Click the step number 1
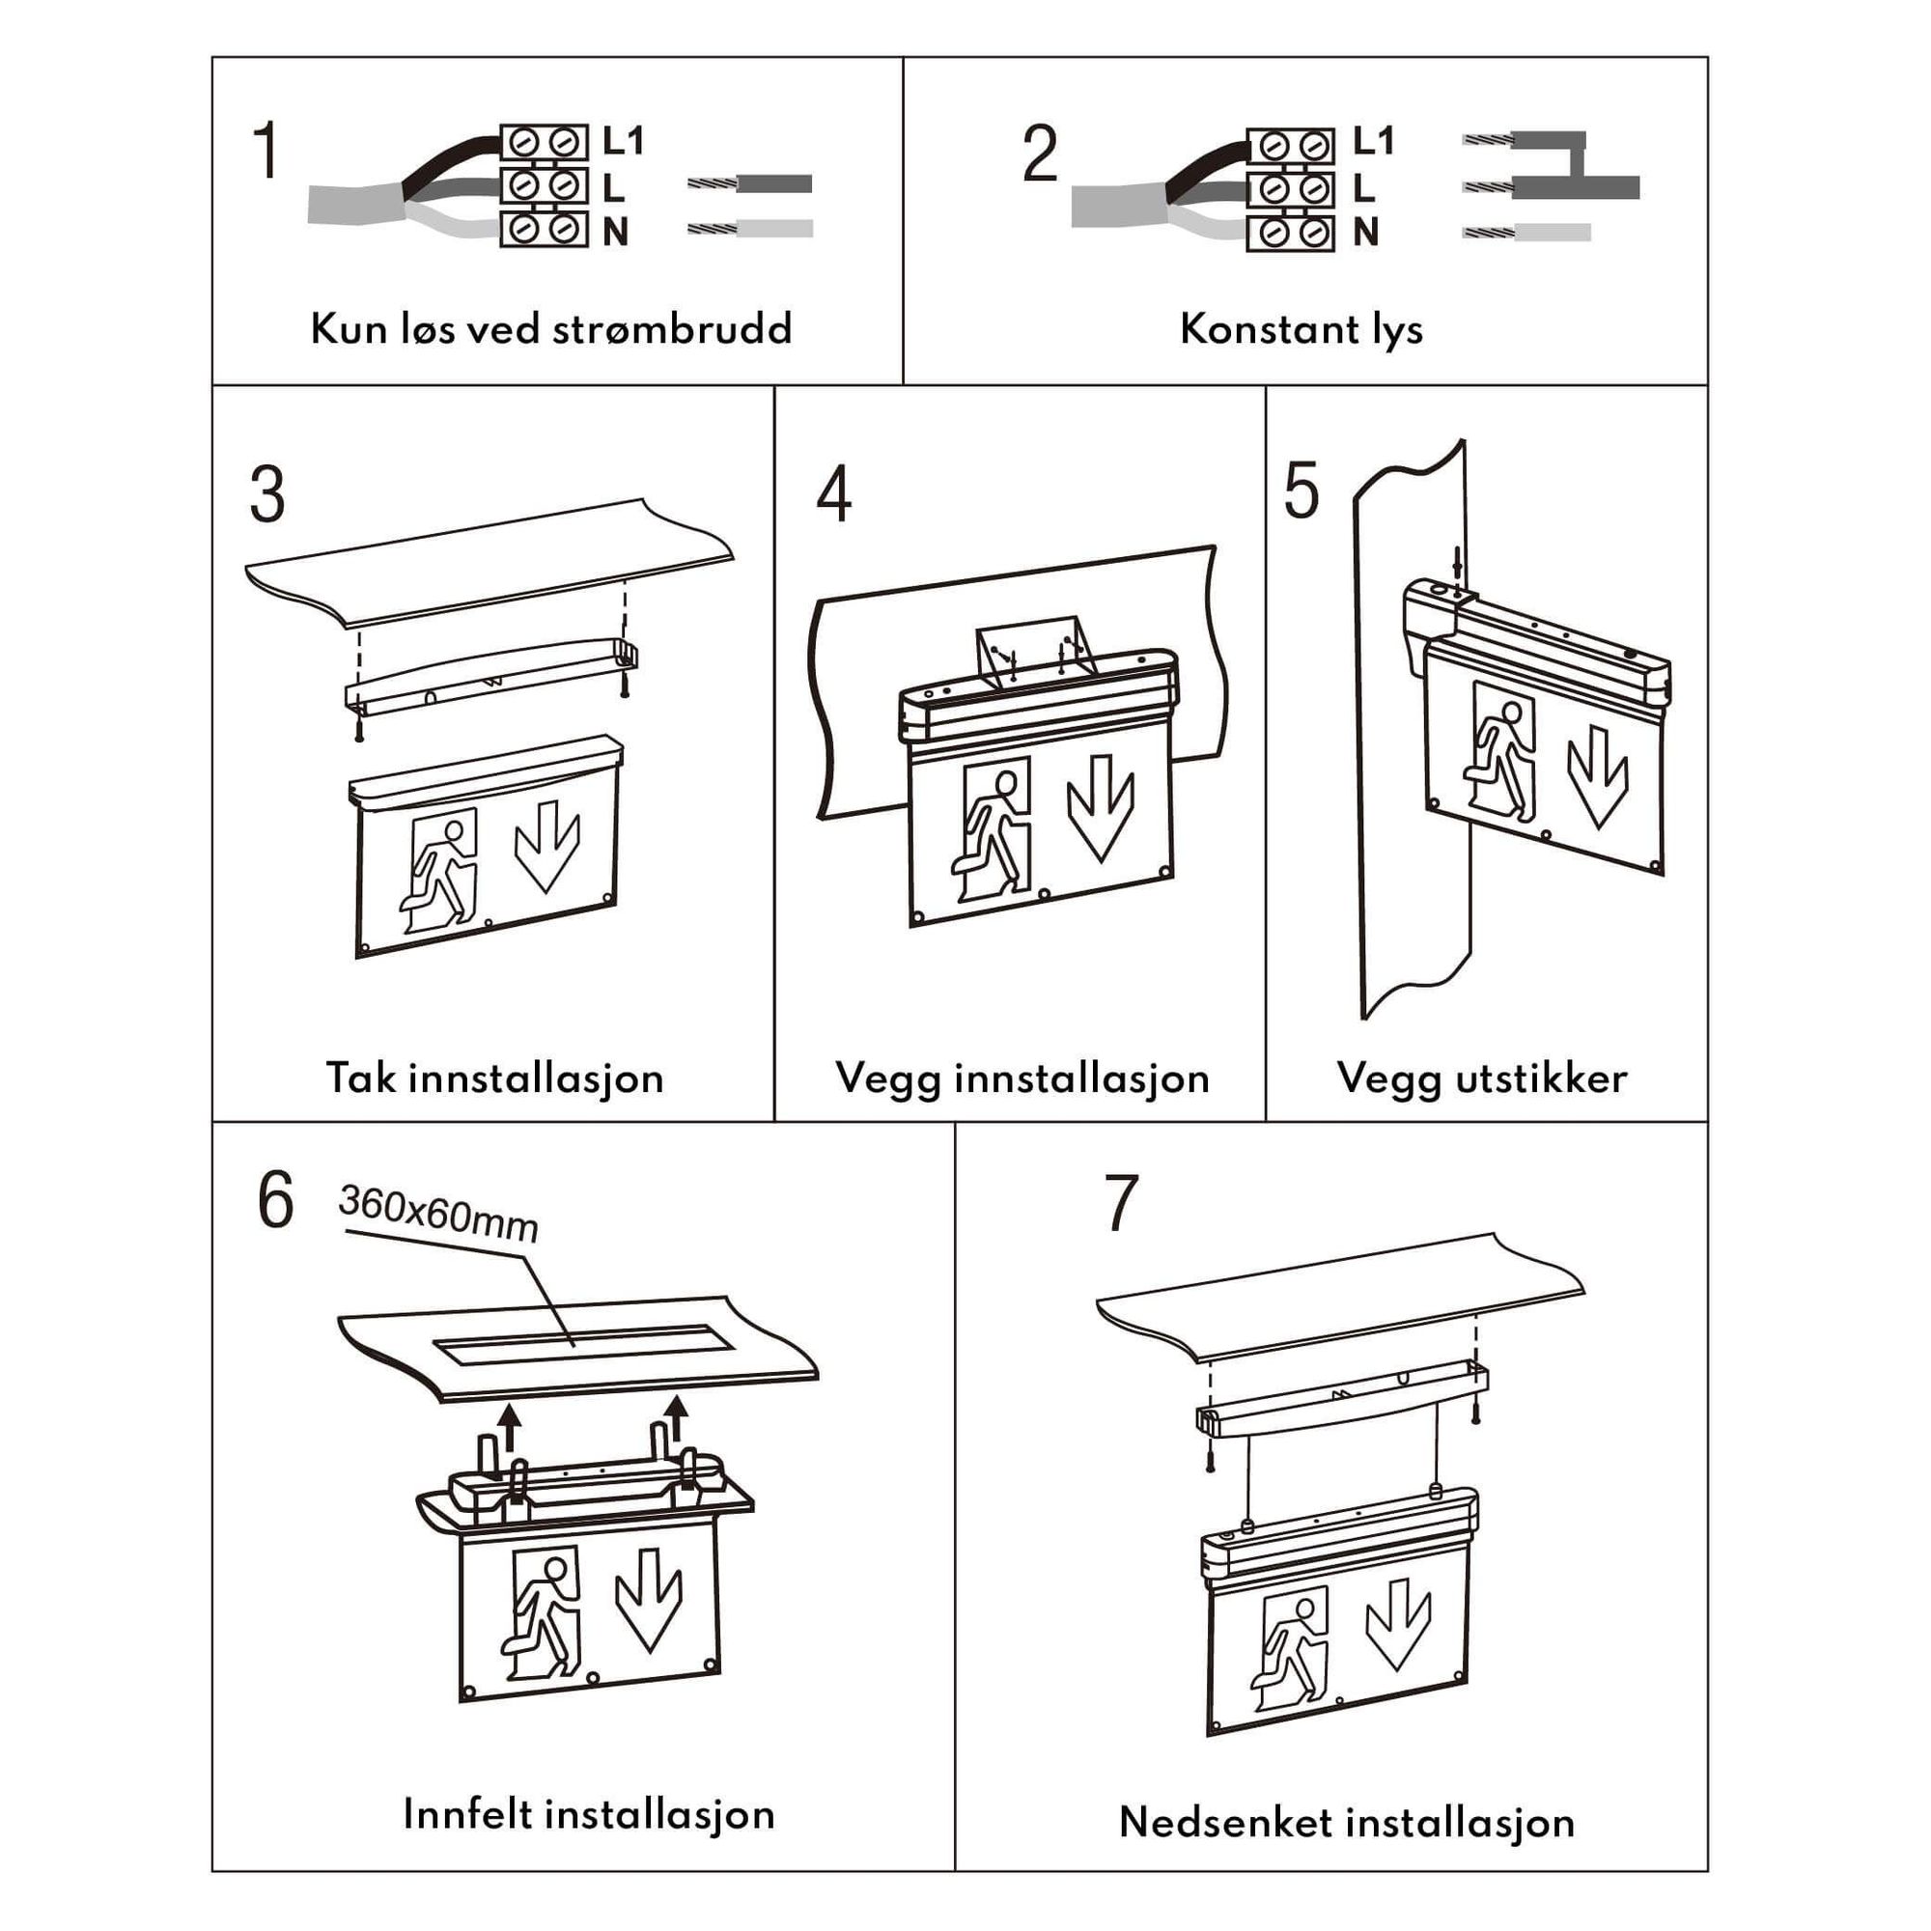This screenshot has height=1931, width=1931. (266, 152)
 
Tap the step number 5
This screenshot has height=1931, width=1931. (1301, 491)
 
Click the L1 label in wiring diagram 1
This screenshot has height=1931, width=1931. (623, 141)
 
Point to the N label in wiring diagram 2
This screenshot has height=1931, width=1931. (1365, 233)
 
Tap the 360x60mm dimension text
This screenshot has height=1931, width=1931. (438, 1214)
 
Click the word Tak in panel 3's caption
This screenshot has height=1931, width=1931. (361, 1078)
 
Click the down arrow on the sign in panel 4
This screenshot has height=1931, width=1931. (1101, 807)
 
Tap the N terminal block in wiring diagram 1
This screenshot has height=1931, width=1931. (544, 230)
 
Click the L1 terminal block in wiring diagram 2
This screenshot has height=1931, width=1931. (1290, 146)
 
